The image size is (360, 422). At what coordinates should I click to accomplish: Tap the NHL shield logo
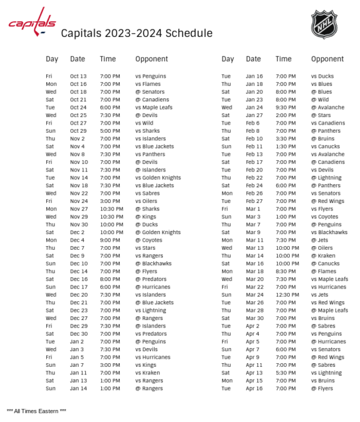click(x=324, y=24)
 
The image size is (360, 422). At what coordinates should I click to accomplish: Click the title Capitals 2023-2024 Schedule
click(x=136, y=33)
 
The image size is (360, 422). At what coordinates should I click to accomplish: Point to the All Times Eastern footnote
click(x=36, y=411)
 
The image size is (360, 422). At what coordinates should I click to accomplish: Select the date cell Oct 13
click(x=78, y=76)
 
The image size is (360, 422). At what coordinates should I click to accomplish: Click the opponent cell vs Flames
click(x=148, y=84)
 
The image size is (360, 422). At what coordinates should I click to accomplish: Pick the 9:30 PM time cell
click(x=285, y=108)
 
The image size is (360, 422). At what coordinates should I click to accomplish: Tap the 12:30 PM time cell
click(x=287, y=295)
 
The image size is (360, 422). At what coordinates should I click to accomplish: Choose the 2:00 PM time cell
click(x=285, y=115)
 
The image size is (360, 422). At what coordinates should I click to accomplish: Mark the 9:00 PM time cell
click(x=110, y=240)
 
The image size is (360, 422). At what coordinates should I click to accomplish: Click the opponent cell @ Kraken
click(x=322, y=256)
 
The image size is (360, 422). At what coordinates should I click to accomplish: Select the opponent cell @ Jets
click(x=319, y=240)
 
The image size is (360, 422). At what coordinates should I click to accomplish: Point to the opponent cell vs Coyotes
click(x=325, y=217)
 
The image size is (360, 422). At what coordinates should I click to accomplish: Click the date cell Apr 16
click(x=254, y=389)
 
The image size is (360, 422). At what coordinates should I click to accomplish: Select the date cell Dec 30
click(x=78, y=334)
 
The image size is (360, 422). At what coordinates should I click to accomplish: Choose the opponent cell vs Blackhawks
click(x=329, y=232)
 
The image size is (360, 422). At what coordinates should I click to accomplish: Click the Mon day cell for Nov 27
click(x=51, y=209)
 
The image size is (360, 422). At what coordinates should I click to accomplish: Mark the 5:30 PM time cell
click(x=285, y=373)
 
